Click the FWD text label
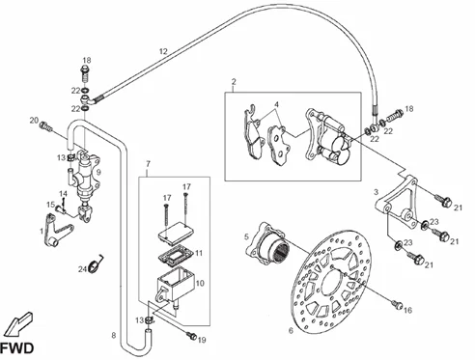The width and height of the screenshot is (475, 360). [x=16, y=348]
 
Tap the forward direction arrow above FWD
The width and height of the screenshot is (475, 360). [x=19, y=323]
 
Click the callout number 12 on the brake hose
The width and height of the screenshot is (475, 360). [x=163, y=51]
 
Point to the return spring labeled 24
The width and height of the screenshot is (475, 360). [x=97, y=264]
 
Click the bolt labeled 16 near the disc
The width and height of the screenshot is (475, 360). [x=397, y=304]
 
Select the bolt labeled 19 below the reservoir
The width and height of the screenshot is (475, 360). [x=192, y=336]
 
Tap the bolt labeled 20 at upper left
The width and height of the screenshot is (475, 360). [x=45, y=126]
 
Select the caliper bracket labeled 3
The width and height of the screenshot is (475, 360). [x=396, y=203]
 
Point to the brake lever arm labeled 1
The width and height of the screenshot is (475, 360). [x=57, y=231]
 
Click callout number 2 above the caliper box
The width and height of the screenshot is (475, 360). [x=234, y=81]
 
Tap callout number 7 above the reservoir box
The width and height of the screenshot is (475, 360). [x=148, y=164]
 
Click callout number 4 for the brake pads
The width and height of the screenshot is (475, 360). [x=276, y=104]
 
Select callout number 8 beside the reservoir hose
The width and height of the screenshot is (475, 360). [x=114, y=336]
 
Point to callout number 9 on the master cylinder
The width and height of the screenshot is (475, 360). [x=98, y=172]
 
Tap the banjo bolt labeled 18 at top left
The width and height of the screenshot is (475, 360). [x=85, y=74]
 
